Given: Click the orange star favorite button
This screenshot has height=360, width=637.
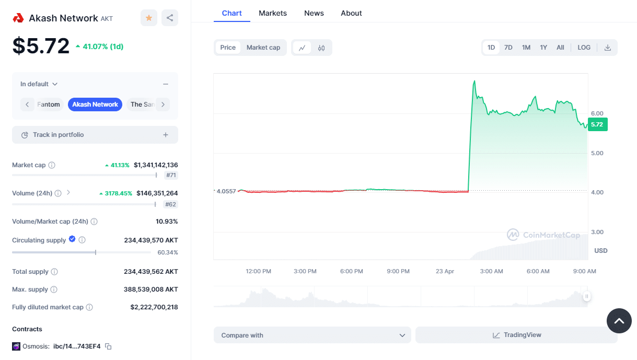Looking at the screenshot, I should [149, 18].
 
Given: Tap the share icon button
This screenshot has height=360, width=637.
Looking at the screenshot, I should [170, 18].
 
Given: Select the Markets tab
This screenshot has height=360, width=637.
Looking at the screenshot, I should [273, 13].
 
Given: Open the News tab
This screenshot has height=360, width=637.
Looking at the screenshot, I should [314, 13].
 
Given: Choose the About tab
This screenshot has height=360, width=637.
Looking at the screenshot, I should [351, 13].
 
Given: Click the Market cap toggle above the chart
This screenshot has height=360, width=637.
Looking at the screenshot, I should [263, 48].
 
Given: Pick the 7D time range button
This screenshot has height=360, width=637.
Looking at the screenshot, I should [508, 48].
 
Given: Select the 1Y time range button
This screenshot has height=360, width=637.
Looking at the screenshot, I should [543, 48].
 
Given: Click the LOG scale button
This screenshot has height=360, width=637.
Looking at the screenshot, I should [584, 48].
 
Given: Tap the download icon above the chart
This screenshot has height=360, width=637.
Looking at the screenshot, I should [608, 48].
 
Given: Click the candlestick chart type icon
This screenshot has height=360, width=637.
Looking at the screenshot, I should [321, 48].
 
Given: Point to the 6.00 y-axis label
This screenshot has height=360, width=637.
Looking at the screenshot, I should [597, 113].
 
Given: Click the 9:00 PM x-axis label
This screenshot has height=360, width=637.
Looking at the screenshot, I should [398, 271].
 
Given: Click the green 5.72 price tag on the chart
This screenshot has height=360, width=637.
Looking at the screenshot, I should [597, 124].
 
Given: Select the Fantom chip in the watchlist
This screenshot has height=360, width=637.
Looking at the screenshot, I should [49, 104].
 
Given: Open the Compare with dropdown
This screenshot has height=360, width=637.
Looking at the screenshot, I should [312, 335].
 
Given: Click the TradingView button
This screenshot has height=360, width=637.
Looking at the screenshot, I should [516, 335].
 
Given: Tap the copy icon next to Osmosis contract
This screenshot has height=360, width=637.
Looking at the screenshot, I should [108, 346].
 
